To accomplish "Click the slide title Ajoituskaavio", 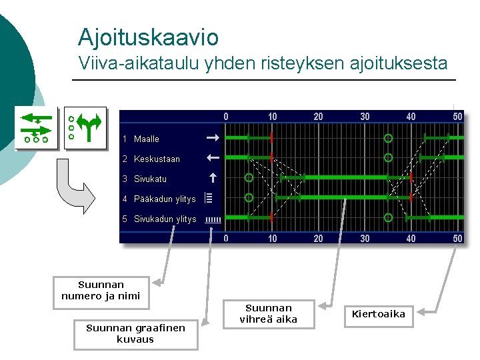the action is point(148,37).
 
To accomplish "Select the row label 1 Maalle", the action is point(141,139).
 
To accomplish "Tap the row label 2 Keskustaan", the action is point(151,159).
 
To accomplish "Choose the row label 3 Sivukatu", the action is point(145,179).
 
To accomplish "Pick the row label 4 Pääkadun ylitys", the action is point(159,199).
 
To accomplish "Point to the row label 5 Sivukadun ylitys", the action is point(160,219).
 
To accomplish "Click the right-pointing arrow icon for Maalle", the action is point(212,139).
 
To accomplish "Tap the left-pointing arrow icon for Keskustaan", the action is point(212,159).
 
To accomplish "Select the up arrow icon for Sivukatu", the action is point(212,178).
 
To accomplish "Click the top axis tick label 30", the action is point(365,117).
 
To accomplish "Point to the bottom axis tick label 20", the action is point(318,239).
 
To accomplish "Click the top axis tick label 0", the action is point(226,117).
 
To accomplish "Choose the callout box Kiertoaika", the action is point(379,314).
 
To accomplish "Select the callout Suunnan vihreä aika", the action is point(269,314).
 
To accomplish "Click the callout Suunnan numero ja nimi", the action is point(101,291).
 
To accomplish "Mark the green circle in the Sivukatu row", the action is point(249,178).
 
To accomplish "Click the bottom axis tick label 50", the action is point(457,239).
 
